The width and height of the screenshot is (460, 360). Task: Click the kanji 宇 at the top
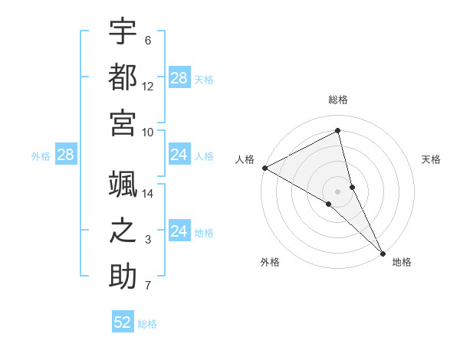123,31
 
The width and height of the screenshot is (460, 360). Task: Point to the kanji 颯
123,184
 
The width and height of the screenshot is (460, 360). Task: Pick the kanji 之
123,231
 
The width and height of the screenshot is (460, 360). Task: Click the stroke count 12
148,87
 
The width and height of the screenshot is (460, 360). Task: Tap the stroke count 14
148,195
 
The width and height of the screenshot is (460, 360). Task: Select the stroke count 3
148,241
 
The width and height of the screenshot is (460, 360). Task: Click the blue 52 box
123,322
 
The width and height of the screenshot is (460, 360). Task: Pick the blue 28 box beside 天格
179,78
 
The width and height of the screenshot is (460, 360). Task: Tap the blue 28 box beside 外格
65,155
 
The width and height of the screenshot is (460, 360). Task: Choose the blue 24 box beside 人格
179,155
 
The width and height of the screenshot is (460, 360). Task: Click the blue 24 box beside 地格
179,232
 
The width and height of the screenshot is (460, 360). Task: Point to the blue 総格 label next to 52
147,323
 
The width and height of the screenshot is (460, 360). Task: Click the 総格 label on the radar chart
338,100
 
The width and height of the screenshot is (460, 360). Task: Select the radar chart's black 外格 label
270,262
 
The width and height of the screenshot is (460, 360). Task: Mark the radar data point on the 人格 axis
264,168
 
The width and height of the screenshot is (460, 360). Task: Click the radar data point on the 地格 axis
382,251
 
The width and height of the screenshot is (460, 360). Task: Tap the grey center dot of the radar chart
338,191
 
